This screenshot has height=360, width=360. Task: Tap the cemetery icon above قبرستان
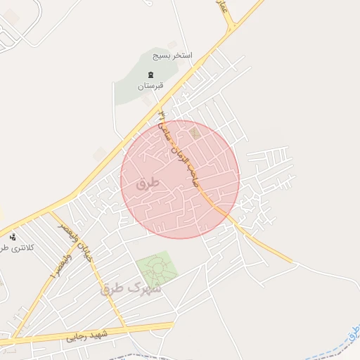(x=150, y=75)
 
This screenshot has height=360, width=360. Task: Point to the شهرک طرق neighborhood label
(x=131, y=288)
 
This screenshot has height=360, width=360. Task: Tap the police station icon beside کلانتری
(x=13, y=236)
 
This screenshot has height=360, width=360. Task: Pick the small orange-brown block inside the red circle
(x=195, y=131)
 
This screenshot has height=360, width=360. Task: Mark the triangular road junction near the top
(x=231, y=28)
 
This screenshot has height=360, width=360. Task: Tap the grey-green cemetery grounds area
(x=137, y=88)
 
